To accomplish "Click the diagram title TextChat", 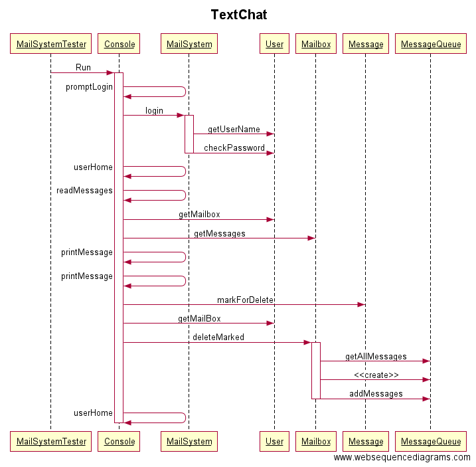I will (238, 15).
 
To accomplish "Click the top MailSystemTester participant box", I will (51, 45).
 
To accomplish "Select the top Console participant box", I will (119, 45).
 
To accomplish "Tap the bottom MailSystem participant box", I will (189, 441).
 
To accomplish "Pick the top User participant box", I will (274, 45).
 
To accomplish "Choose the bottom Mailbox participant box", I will (315, 441).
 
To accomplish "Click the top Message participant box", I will (366, 45).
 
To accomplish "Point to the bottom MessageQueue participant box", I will (430, 441).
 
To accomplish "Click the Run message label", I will (83, 68).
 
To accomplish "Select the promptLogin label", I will (89, 87).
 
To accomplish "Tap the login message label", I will (154, 111).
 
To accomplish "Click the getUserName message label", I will (234, 130).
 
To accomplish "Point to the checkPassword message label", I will (234, 148).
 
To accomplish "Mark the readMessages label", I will (84, 191).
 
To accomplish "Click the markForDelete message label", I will (245, 300).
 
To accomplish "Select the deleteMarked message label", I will (218, 337).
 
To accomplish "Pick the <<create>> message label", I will (376, 375).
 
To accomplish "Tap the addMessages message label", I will (376, 394).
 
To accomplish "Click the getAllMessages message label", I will (376, 357).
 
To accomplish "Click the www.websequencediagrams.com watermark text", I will (402, 458).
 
